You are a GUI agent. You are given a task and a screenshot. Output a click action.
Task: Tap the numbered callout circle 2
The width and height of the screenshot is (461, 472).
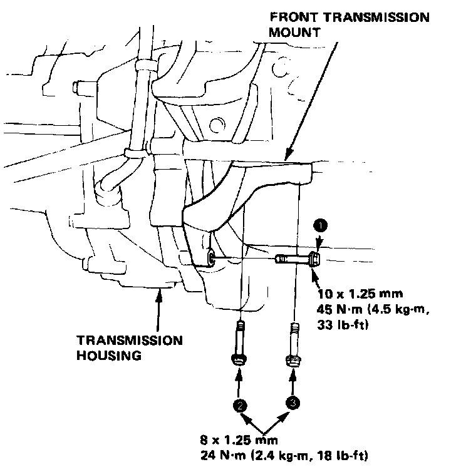[x=239, y=405]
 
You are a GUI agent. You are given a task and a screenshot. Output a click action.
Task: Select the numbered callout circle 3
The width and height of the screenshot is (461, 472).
[x=293, y=403]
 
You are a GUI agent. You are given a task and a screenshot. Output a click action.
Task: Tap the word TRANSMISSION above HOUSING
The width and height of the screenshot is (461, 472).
[x=130, y=341]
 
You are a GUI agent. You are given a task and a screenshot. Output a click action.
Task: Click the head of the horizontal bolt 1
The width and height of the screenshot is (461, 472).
[x=315, y=257]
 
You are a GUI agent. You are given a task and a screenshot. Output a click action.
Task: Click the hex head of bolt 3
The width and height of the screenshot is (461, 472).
[x=293, y=360]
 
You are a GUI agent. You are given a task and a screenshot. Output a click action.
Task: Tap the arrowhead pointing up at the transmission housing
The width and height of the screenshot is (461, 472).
[x=158, y=294]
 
